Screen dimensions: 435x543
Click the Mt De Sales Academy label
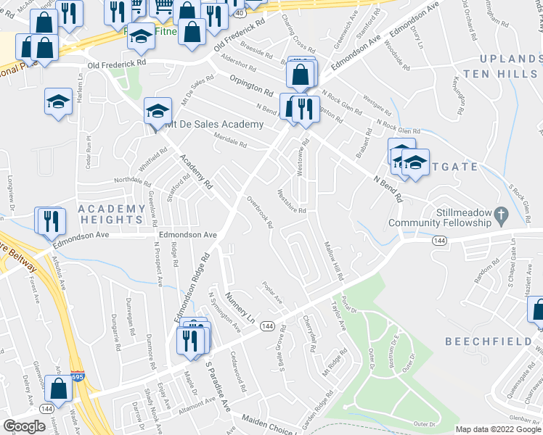point(214,125)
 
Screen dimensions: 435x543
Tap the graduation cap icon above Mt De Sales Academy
point(158,112)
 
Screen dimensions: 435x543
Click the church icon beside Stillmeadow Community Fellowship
point(500,215)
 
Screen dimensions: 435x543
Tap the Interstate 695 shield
point(78,377)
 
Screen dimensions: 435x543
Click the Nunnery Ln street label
point(241,308)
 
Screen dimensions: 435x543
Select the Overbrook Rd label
point(259,212)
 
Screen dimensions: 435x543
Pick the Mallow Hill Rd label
point(332,262)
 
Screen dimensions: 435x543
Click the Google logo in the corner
point(24,426)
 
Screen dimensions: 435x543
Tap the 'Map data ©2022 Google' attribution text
point(498,429)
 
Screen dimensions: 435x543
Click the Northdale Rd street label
point(131,180)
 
